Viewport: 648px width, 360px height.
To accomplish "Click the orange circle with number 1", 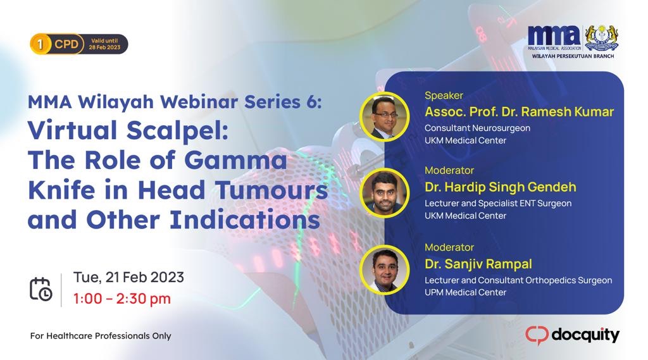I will coord(40,44).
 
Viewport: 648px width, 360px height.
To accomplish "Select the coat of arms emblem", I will coord(601,38).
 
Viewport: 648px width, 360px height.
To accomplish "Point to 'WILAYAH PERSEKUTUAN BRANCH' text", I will coord(573,56).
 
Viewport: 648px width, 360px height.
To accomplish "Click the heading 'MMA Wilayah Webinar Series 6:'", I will coord(174,101).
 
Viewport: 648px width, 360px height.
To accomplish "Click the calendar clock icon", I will coord(41,288).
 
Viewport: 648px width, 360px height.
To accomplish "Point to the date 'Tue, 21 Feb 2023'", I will coord(128,277).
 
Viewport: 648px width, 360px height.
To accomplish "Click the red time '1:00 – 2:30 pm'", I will coord(122,299).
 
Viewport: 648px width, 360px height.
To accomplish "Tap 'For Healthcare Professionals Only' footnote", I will coord(101,336).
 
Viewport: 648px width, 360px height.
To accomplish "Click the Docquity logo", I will coord(572,335).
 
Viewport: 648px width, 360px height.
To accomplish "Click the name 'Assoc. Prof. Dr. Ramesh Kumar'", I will coord(519,112).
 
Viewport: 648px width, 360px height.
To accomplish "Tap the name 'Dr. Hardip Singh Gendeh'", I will coord(500,187).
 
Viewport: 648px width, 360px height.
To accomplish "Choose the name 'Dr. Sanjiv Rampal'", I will coord(478,263).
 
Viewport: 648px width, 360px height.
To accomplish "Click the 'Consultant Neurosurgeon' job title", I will coord(477,128).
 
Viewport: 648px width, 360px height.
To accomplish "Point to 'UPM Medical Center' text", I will coord(465,292).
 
